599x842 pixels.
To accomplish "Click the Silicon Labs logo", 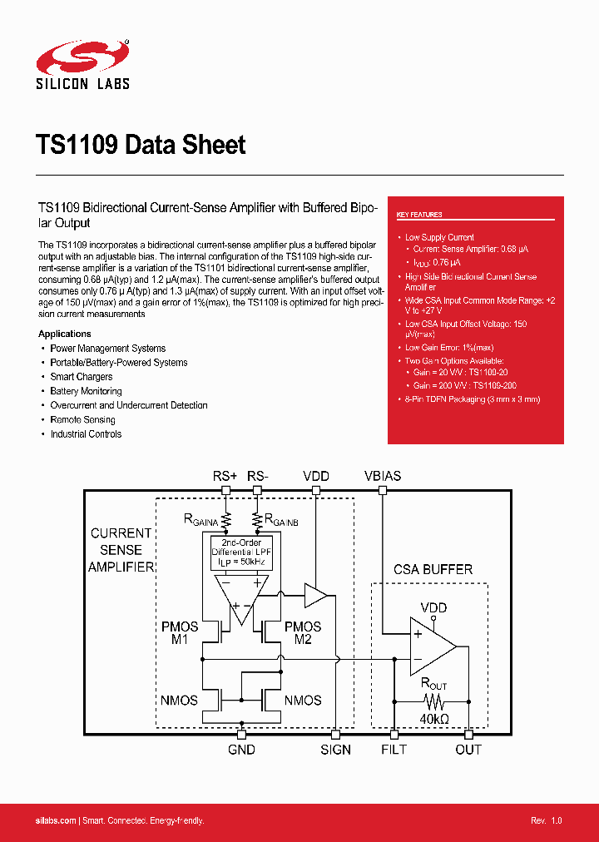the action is [83, 63].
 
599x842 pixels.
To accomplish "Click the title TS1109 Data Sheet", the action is [141, 145].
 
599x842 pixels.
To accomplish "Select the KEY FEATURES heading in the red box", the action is [419, 215].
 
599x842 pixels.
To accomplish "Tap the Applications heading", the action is [65, 334].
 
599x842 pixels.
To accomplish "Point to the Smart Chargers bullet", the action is [81, 377].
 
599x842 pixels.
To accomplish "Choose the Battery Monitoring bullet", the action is [86, 391].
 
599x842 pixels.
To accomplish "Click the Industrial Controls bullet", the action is [86, 434].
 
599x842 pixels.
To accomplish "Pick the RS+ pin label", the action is [225, 476].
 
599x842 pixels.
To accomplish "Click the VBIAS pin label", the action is [383, 476].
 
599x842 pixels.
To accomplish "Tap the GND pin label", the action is [241, 750].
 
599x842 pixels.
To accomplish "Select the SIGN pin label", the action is [336, 750].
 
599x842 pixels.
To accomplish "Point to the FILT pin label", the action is [394, 750].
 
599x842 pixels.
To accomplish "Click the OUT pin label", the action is [468, 750].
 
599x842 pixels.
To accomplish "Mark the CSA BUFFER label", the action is [433, 570].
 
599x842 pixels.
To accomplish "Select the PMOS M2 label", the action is [303, 632].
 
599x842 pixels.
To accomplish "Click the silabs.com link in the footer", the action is [56, 821].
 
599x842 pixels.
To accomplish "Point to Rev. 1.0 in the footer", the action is [547, 821].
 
